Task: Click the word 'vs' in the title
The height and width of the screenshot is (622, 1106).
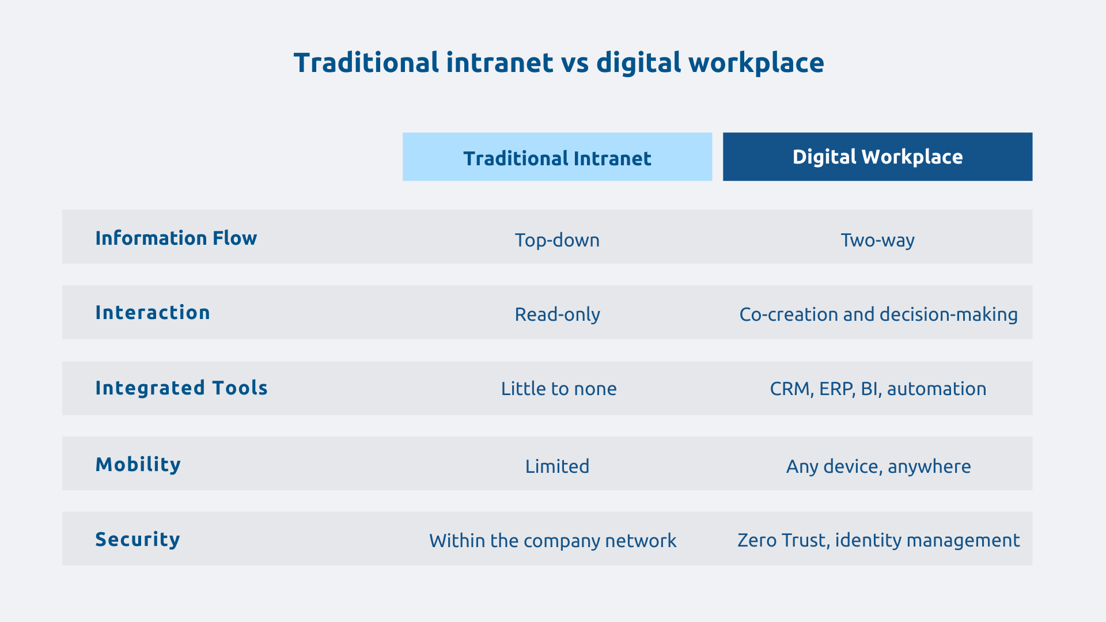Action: pyautogui.click(x=574, y=63)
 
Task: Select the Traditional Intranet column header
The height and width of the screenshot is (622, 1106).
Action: pyautogui.click(x=557, y=157)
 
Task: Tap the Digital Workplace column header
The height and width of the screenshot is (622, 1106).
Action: pyautogui.click(x=877, y=157)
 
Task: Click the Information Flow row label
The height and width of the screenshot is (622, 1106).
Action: pyautogui.click(x=176, y=238)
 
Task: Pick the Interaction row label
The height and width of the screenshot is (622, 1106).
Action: pyautogui.click(x=153, y=312)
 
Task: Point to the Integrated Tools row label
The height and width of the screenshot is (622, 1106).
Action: pyautogui.click(x=181, y=388)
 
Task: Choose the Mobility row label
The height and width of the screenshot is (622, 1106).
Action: pyautogui.click(x=138, y=464)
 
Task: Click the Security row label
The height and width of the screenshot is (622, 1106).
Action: pyautogui.click(x=138, y=539)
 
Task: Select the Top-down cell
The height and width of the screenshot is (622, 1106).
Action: pyautogui.click(x=557, y=240)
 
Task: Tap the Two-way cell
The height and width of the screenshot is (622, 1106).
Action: pyautogui.click(x=877, y=240)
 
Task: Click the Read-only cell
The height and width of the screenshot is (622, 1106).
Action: pyautogui.click(x=557, y=314)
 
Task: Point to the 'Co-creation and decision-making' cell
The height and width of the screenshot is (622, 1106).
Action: pyautogui.click(x=878, y=314)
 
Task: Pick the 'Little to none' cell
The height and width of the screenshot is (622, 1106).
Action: pyautogui.click(x=559, y=389)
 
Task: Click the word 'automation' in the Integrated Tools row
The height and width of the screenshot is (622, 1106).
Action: pyautogui.click(x=937, y=389)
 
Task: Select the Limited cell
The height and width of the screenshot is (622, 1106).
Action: pyautogui.click(x=557, y=466)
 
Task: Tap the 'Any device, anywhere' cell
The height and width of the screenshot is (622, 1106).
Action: pyautogui.click(x=878, y=466)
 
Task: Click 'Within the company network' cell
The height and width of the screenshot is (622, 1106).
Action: pyautogui.click(x=552, y=541)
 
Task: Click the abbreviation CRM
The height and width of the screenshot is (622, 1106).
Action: pyautogui.click(x=790, y=389)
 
